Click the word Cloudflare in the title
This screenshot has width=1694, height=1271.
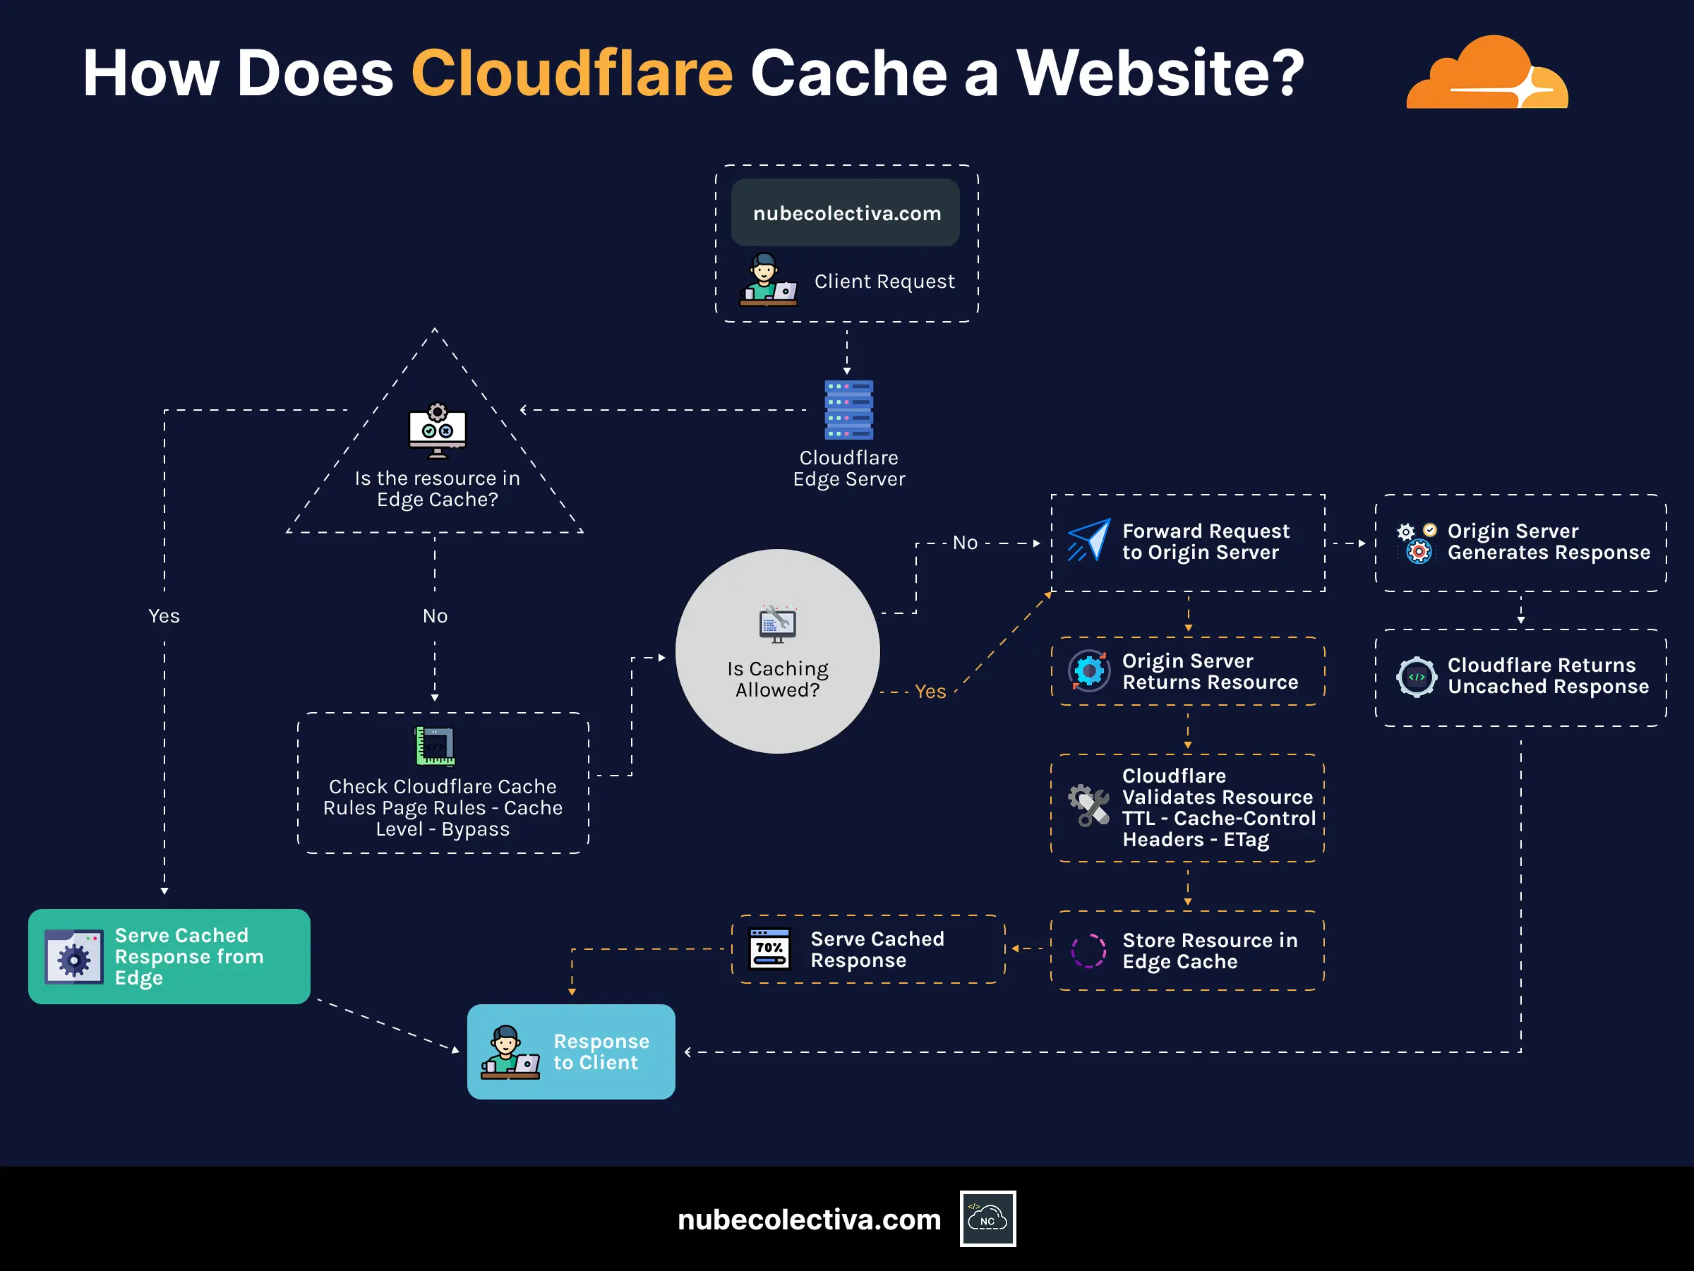tap(571, 73)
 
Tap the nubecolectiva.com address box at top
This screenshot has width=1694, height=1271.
tap(846, 213)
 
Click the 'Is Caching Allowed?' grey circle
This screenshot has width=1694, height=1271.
tap(777, 651)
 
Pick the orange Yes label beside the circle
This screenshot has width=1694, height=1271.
tap(930, 692)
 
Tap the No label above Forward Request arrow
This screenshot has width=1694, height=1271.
tap(965, 543)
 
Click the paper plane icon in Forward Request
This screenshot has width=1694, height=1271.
tap(1088, 541)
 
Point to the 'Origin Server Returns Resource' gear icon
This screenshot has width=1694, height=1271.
tap(1088, 671)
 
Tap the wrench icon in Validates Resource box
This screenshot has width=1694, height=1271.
tap(1088, 805)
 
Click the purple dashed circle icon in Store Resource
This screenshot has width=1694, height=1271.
tap(1088, 951)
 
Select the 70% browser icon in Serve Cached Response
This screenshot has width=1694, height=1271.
tap(769, 949)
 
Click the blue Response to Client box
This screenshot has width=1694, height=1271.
tap(570, 1052)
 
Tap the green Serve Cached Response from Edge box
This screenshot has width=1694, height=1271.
tap(169, 956)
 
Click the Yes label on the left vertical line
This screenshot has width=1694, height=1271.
tap(164, 615)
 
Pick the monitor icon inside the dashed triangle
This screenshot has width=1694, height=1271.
tap(438, 431)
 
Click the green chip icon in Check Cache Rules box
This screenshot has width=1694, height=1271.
tap(435, 747)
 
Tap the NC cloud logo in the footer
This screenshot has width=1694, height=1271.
tap(987, 1218)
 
